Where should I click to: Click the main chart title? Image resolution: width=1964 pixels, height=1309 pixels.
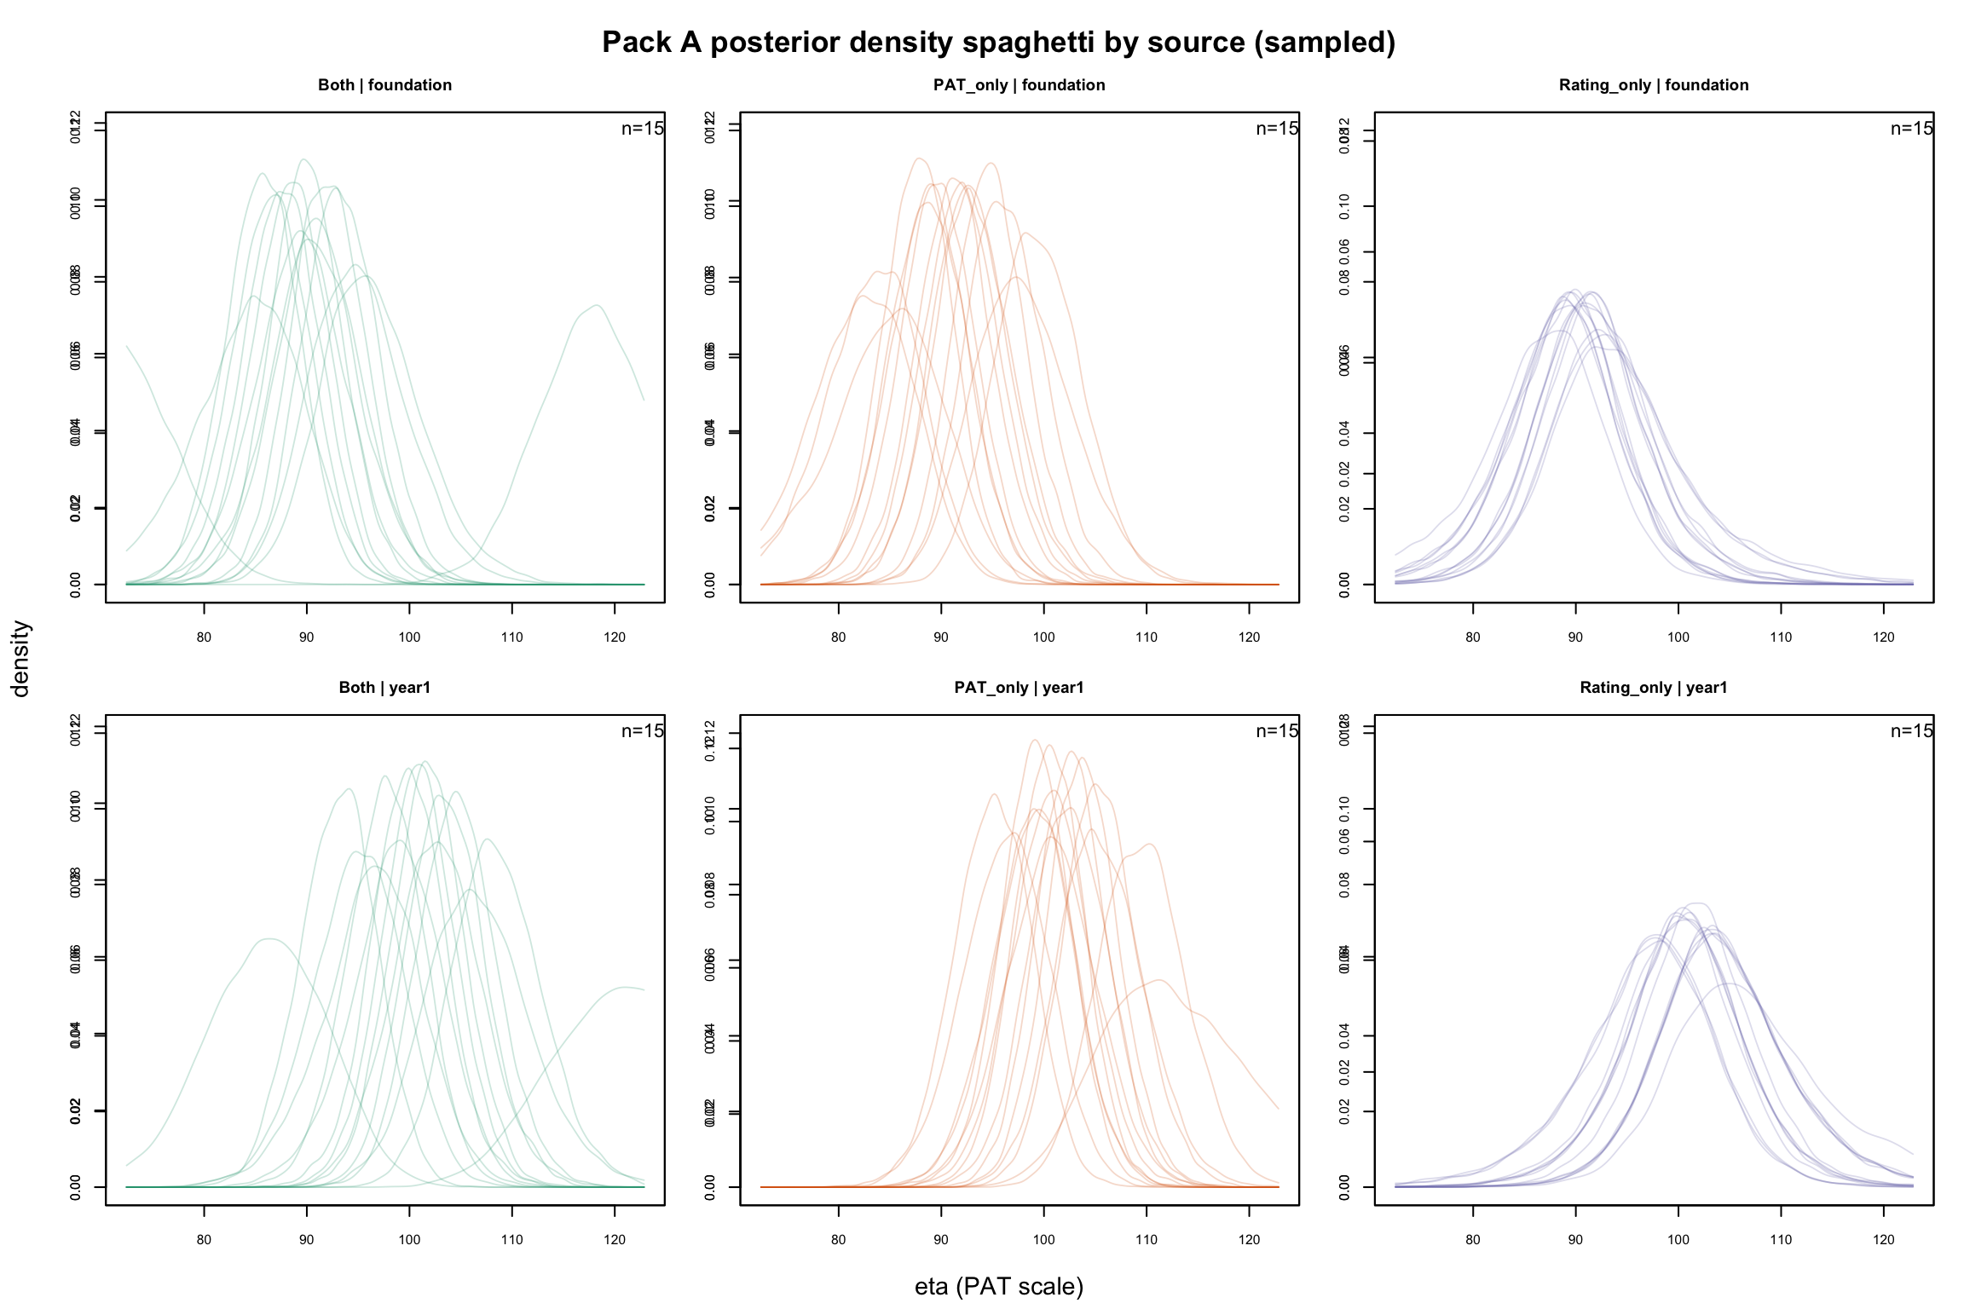click(x=998, y=43)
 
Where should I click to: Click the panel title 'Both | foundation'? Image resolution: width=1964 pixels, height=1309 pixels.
click(x=384, y=85)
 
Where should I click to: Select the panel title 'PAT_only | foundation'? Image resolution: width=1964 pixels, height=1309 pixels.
click(x=1019, y=85)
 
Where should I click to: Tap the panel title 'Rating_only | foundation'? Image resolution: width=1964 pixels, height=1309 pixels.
click(x=1653, y=85)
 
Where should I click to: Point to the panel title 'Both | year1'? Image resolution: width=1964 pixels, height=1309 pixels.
click(x=384, y=688)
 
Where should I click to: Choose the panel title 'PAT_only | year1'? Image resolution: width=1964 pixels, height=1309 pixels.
click(x=1019, y=688)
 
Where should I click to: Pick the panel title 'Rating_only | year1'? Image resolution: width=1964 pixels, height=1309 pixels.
click(x=1653, y=688)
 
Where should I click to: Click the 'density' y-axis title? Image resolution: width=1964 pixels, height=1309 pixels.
click(x=20, y=658)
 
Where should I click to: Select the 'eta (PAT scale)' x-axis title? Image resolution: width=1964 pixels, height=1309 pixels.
click(x=998, y=1286)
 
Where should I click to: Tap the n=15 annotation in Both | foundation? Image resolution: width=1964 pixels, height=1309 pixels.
click(x=642, y=129)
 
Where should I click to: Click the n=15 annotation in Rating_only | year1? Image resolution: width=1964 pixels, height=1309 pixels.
click(x=1911, y=731)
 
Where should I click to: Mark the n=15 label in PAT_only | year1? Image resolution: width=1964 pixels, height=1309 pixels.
click(x=1277, y=731)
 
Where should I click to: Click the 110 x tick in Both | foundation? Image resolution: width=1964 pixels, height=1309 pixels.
click(x=511, y=637)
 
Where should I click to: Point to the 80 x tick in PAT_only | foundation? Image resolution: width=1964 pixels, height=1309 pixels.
click(x=838, y=637)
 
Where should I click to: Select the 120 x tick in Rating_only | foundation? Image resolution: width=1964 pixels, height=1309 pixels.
click(x=1883, y=637)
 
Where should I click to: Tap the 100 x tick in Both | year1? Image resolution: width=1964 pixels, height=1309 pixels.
click(x=409, y=1240)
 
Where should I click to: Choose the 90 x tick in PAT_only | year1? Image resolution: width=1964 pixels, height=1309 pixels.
click(x=941, y=1240)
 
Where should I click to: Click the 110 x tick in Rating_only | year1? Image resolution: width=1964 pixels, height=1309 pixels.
click(x=1781, y=1240)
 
